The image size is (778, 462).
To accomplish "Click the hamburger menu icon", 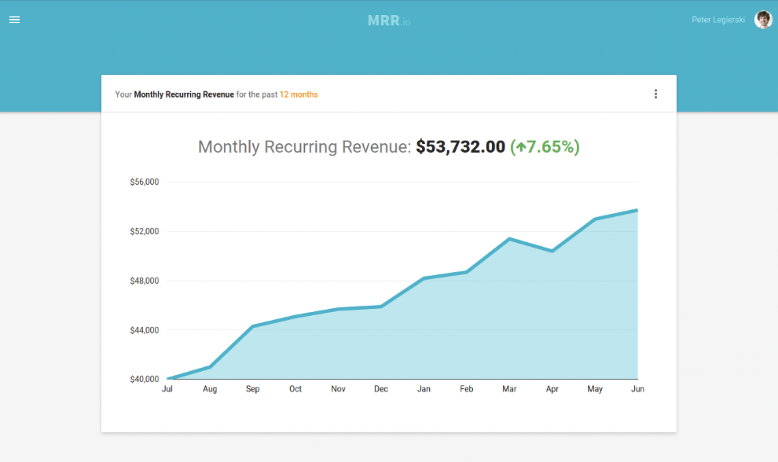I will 14,20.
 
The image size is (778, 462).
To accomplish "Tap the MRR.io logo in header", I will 389,21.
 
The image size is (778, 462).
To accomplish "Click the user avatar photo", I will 763,20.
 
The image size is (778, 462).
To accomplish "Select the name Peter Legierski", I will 718,20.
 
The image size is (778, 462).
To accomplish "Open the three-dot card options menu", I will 655,94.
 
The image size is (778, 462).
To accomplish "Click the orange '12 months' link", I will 299,94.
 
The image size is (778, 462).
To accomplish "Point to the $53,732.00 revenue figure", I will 460,147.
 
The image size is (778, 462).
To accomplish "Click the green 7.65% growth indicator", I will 545,147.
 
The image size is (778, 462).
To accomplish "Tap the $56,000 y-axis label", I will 145,182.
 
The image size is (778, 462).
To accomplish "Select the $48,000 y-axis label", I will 145,281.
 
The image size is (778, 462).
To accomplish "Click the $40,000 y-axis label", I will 145,379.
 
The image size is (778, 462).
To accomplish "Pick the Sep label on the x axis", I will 252,389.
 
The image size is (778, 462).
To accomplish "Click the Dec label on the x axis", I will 381,389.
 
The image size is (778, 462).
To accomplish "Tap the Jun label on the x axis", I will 637,389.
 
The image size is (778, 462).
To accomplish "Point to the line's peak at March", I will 509,239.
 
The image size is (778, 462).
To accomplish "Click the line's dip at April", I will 552,251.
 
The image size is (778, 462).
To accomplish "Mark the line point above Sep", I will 253,326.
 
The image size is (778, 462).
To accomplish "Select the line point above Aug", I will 210,367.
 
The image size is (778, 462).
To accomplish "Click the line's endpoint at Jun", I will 637,210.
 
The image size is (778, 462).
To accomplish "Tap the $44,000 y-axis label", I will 145,330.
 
